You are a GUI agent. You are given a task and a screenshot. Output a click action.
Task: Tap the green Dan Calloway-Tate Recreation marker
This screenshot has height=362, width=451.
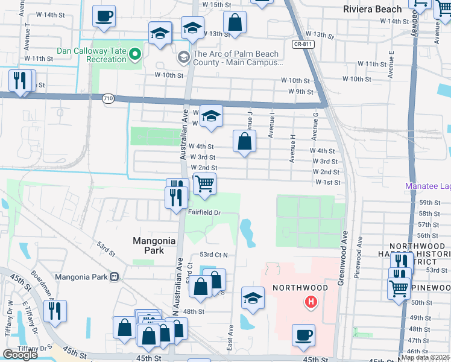point(135,55)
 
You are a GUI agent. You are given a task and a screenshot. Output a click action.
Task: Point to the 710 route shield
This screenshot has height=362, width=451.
point(108,98)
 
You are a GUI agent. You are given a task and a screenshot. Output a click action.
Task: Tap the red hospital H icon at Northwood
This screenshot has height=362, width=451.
point(311,302)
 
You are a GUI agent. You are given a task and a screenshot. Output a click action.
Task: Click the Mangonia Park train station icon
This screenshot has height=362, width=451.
point(113,277)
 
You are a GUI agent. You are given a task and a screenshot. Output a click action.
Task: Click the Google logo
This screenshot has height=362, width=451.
point(20,355)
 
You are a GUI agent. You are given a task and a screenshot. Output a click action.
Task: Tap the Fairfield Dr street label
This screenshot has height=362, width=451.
point(206,212)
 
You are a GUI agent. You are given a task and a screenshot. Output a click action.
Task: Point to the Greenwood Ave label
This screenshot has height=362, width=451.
point(345,241)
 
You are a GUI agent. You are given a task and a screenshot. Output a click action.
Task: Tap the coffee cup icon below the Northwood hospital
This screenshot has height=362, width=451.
point(303,334)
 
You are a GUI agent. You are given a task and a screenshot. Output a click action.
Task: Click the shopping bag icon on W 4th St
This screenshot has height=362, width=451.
point(245,142)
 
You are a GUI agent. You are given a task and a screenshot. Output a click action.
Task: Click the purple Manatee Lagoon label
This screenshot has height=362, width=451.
point(428,186)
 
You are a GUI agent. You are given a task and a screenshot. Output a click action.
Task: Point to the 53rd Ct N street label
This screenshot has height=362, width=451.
point(214,255)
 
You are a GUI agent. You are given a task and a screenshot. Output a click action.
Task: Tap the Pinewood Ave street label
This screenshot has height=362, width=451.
point(360,244)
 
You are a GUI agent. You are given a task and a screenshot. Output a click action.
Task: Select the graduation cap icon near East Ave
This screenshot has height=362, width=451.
point(253,297)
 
